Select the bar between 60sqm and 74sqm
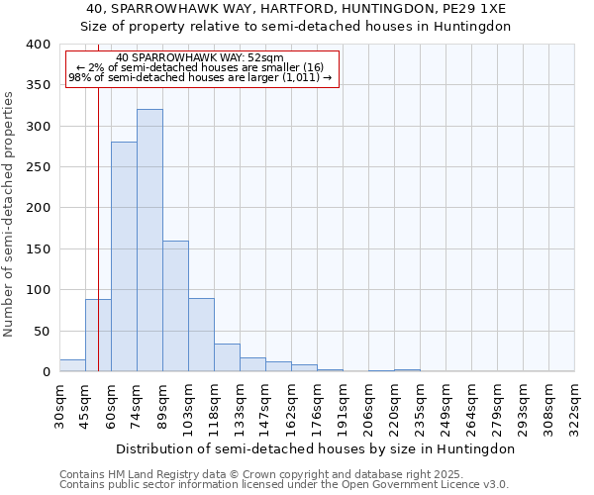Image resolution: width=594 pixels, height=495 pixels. coord(124,257)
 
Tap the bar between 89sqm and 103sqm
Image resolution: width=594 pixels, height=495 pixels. coord(175,306)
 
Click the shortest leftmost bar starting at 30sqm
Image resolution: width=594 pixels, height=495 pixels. coord(72,365)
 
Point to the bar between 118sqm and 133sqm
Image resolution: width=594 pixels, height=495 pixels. coord(227,357)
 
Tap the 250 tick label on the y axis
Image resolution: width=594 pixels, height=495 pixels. coord(38,167)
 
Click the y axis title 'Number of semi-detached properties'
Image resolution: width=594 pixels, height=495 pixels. coord(9,213)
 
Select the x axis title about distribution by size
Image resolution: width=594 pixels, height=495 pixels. coord(317,448)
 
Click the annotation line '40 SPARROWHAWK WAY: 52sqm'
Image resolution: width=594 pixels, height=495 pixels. coord(200,57)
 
